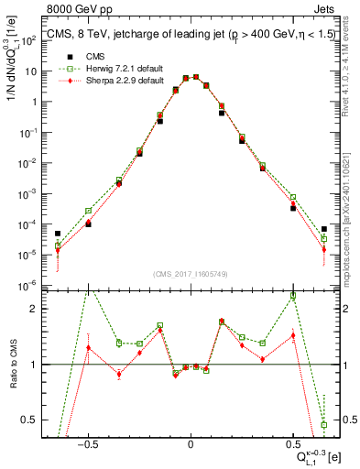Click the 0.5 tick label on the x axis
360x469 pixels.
(x=293, y=447)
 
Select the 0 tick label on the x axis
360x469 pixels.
(x=191, y=447)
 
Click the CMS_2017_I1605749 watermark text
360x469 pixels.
(x=191, y=274)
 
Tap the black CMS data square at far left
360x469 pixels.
(x=58, y=234)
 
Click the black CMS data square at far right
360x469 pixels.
(x=324, y=229)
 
